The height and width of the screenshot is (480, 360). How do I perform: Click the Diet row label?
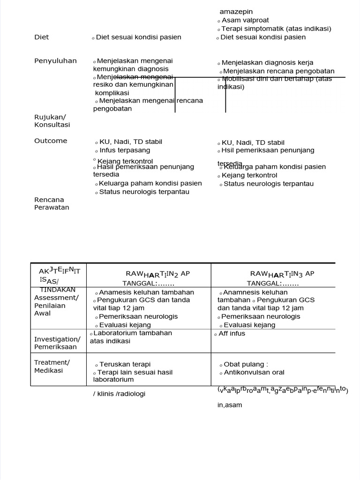(x=42, y=37)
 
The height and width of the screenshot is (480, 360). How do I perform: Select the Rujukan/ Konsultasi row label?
(x=52, y=121)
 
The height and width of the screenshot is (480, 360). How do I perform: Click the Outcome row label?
(x=51, y=141)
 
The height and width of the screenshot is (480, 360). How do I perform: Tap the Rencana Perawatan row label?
(x=52, y=203)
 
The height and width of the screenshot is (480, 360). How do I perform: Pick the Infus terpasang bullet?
(x=125, y=150)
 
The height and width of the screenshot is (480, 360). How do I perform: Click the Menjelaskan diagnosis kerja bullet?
(x=267, y=63)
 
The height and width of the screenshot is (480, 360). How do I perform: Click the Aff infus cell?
(x=232, y=334)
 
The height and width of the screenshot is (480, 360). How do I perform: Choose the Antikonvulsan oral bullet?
(x=254, y=373)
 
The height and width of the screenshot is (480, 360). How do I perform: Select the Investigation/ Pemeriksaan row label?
(x=57, y=343)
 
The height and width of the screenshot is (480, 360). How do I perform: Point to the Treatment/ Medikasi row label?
(x=52, y=366)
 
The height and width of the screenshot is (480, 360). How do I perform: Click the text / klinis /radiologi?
(x=119, y=394)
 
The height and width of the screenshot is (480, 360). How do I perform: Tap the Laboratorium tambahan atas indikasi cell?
(x=131, y=337)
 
